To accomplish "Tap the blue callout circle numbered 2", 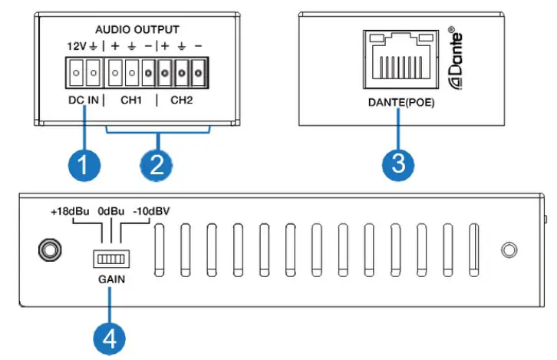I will click(x=158, y=164).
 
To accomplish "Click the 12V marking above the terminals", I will click(x=74, y=46).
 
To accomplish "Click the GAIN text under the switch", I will click(x=111, y=280).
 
